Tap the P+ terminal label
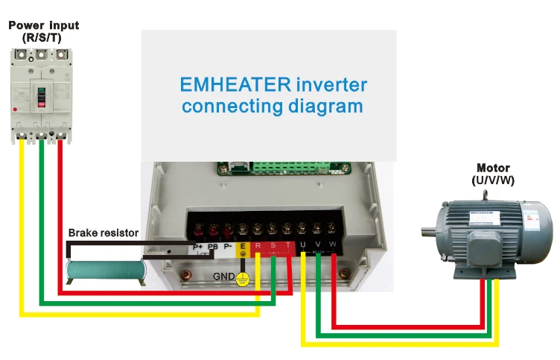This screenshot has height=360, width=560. tap(197, 247)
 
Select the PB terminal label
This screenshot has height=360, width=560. tap(212, 247)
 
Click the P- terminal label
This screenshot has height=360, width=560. tap(229, 247)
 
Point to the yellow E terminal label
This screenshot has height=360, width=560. tap(243, 246)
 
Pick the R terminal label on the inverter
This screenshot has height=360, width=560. tap(258, 245)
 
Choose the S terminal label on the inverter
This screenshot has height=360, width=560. tap(273, 245)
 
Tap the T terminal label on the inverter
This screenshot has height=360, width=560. tap(287, 245)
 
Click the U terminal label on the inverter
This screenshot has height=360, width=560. tap(303, 245)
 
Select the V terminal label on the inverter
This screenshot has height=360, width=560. tap(318, 245)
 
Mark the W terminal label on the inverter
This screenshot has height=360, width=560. tap(333, 245)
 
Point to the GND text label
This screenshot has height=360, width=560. tap(224, 277)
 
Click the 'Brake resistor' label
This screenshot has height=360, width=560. tap(104, 233)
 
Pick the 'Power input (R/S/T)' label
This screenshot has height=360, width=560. tap(43, 31)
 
